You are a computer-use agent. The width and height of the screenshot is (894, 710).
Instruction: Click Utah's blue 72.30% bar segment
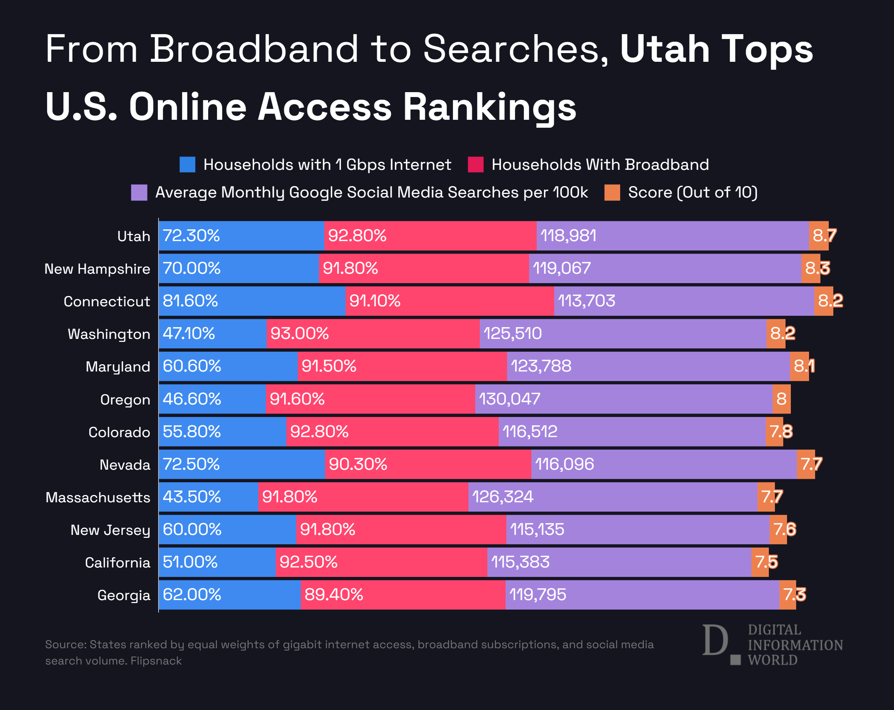241,236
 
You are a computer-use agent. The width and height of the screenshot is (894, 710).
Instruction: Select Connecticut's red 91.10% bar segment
449,301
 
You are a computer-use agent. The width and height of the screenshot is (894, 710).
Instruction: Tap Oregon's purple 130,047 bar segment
624,399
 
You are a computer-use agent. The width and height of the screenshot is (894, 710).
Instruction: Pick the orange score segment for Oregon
781,399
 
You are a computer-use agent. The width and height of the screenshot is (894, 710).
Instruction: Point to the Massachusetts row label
98,497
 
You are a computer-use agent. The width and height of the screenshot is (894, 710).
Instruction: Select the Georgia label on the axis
124,595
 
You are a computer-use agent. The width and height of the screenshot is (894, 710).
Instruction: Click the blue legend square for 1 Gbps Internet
187,165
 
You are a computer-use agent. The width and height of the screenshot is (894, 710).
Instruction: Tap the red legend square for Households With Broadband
475,165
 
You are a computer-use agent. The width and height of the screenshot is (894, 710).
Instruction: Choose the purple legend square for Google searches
139,192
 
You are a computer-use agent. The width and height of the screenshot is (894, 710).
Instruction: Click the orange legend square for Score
612,192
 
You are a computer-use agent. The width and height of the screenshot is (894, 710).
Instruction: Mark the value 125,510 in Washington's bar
512,334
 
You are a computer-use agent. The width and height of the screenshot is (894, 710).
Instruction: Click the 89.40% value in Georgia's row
333,595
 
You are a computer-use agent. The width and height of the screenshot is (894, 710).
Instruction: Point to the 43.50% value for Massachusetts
192,497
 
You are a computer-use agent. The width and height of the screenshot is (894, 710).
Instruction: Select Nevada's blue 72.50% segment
242,464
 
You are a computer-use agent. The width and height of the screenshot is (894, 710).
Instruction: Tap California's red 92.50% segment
382,562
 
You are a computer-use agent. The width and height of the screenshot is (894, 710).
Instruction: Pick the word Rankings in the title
490,107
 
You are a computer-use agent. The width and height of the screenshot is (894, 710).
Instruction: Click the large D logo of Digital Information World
715,640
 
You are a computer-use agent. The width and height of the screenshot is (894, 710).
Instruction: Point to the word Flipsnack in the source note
156,661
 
